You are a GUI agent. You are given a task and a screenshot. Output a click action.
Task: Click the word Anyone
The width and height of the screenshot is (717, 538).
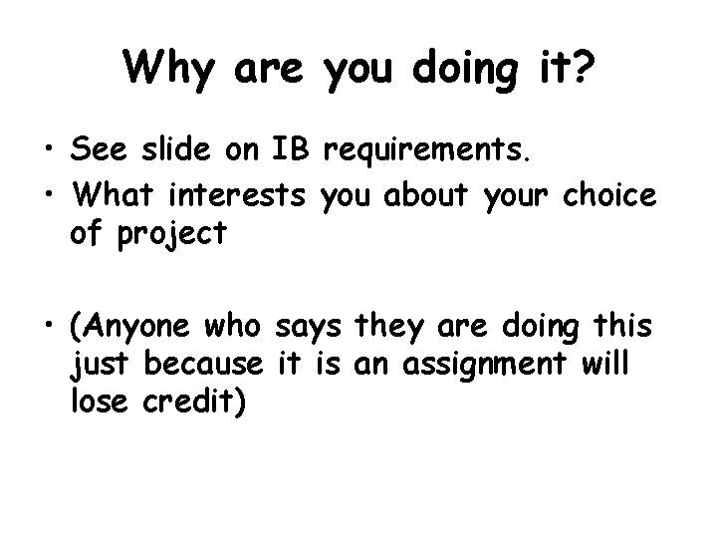tap(134, 327)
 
